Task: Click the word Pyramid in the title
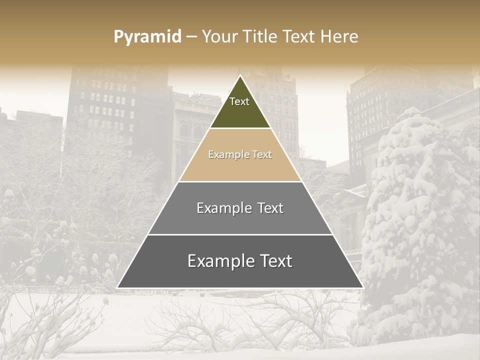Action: tap(147, 37)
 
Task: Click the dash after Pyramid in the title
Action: tap(191, 37)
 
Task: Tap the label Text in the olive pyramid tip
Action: tap(239, 101)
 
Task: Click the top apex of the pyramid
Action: tap(240, 76)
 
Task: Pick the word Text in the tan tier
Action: tap(262, 154)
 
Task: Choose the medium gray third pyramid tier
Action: tap(240, 220)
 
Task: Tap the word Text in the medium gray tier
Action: tap(270, 208)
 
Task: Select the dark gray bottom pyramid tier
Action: tap(240, 275)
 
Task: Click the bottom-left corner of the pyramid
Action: tap(118, 287)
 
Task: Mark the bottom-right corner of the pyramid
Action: tap(362, 287)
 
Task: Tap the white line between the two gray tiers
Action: tap(240, 234)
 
